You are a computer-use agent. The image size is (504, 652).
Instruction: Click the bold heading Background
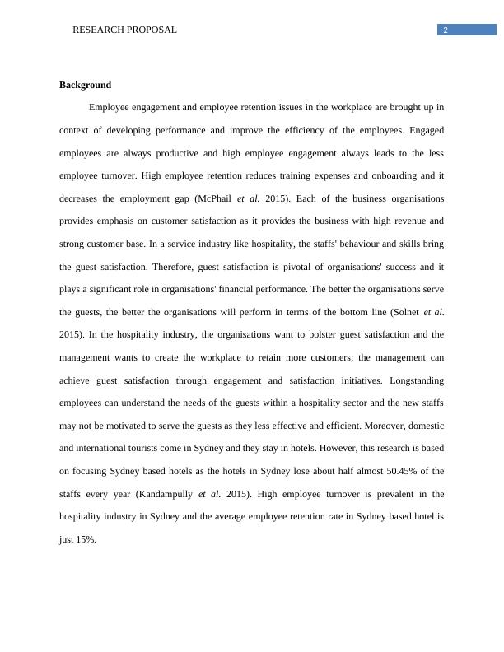pos(85,85)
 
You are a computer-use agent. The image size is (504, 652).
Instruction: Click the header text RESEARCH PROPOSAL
pos(124,30)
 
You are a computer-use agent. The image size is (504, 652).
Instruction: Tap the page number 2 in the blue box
pos(446,30)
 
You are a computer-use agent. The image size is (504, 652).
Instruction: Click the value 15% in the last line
pos(85,539)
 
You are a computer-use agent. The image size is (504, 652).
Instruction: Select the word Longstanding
pos(417,380)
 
